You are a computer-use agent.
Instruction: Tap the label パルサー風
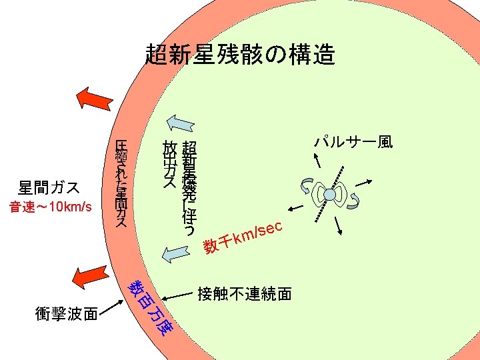pyautogui.click(x=353, y=141)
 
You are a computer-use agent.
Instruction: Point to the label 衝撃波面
pyautogui.click(x=67, y=313)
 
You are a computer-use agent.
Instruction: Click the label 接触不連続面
pyautogui.click(x=244, y=293)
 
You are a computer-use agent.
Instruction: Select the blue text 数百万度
pyautogui.click(x=149, y=307)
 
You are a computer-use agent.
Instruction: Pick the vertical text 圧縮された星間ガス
pyautogui.click(x=121, y=184)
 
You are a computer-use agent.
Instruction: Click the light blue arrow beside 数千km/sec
pyautogui.click(x=175, y=252)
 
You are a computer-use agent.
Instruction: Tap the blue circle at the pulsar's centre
pyautogui.click(x=330, y=194)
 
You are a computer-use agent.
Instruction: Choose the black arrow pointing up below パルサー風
pyautogui.click(x=319, y=159)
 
